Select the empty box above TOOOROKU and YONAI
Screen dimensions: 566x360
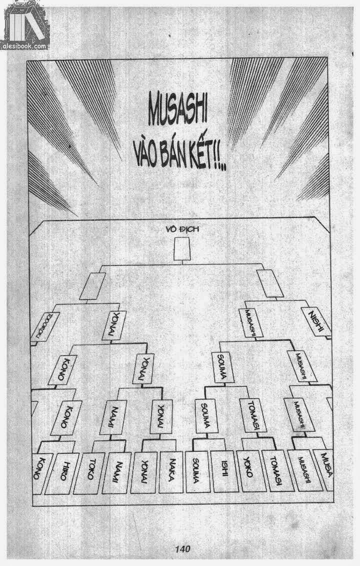pyautogui.click(x=92, y=285)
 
